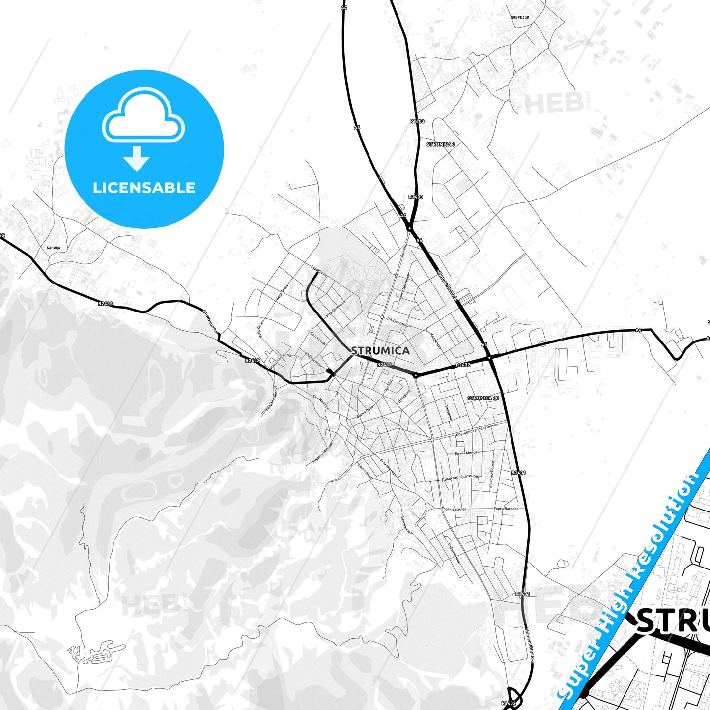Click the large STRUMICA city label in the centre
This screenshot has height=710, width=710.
click(380, 350)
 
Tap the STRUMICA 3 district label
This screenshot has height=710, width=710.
click(441, 144)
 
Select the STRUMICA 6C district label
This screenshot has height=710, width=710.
click(483, 398)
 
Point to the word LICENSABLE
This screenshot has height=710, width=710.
click(144, 188)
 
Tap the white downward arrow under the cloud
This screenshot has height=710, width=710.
click(137, 159)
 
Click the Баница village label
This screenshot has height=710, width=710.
click(54, 248)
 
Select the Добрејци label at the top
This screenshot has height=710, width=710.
click(519, 17)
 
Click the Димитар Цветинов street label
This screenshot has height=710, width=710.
click(460, 477)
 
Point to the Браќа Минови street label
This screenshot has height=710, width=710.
click(467, 453)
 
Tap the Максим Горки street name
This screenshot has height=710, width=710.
click(492, 474)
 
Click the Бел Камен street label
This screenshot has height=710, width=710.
click(366, 471)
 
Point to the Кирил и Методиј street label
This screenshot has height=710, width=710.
click(323, 452)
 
